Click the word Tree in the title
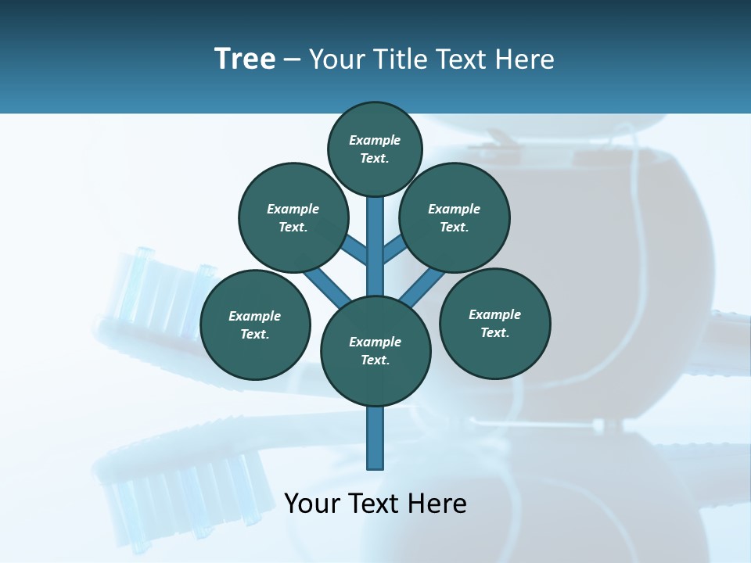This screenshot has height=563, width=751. click(245, 59)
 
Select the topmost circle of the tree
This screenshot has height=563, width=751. click(375, 149)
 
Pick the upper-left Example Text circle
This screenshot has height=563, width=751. click(293, 217)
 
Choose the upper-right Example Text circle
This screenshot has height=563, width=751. click(455, 217)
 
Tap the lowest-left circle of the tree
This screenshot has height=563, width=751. click(255, 325)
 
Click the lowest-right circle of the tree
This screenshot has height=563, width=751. click(494, 323)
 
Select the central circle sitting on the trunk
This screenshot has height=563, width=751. click(375, 350)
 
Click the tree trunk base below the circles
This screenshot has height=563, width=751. click(375, 438)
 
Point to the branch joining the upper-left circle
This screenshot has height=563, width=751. click(354, 249)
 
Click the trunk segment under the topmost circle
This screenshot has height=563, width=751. click(375, 235)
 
